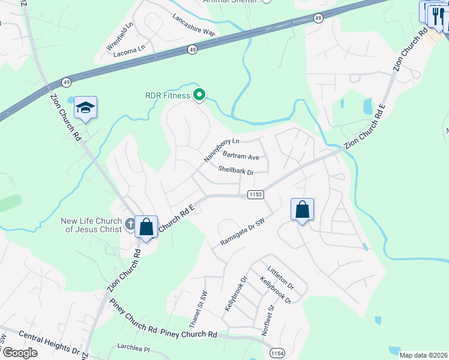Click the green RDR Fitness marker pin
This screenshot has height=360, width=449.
199,95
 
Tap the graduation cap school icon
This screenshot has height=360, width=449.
86,108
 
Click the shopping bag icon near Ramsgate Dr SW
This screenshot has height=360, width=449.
303,210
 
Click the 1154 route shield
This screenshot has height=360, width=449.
277,352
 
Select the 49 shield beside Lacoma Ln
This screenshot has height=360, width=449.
191,50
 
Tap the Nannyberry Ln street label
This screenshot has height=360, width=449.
221,149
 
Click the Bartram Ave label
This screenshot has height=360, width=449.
241,157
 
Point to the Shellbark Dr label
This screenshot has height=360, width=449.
236,172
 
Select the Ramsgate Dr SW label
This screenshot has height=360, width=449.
243,232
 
